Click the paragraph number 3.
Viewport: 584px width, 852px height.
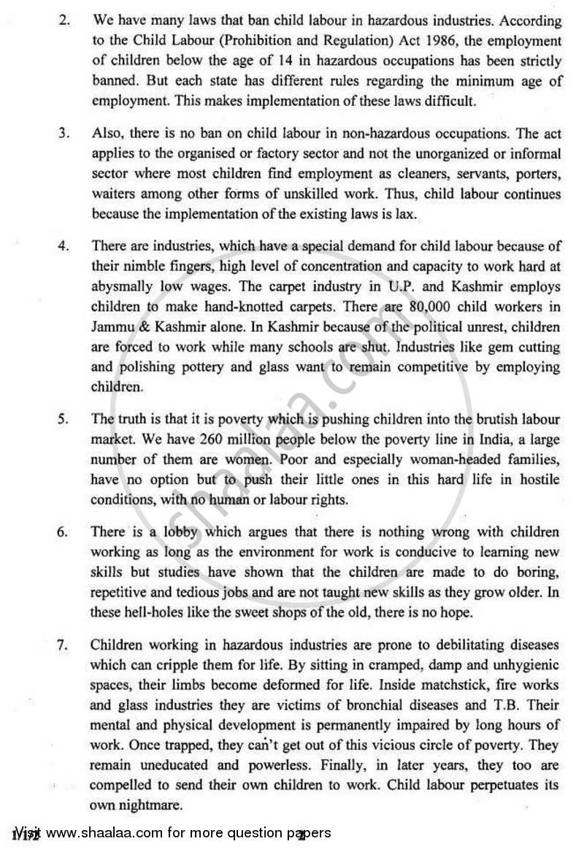click(64, 134)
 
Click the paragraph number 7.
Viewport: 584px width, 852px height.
click(64, 645)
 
